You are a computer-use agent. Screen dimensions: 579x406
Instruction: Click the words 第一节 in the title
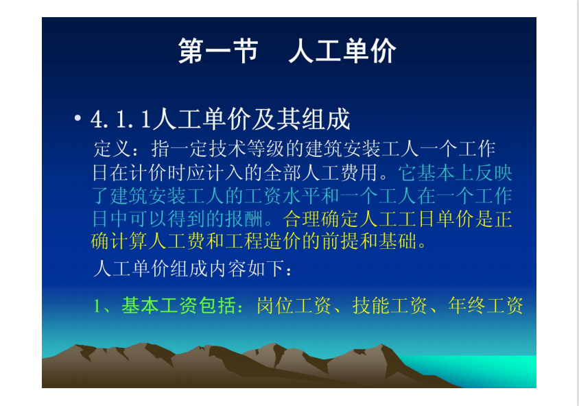click(218, 51)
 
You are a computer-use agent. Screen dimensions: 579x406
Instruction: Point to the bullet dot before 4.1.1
click(78, 118)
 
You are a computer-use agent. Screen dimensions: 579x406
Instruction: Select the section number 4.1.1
click(121, 119)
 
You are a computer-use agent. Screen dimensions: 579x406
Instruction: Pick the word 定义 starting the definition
click(112, 149)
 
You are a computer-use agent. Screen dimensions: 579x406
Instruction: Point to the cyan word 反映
click(494, 172)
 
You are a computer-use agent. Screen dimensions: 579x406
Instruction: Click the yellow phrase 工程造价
click(263, 241)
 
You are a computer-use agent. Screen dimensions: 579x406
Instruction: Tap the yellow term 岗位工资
click(294, 306)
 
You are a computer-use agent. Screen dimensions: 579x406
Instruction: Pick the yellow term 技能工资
click(390, 306)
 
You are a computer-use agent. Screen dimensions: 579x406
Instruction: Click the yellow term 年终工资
click(485, 306)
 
